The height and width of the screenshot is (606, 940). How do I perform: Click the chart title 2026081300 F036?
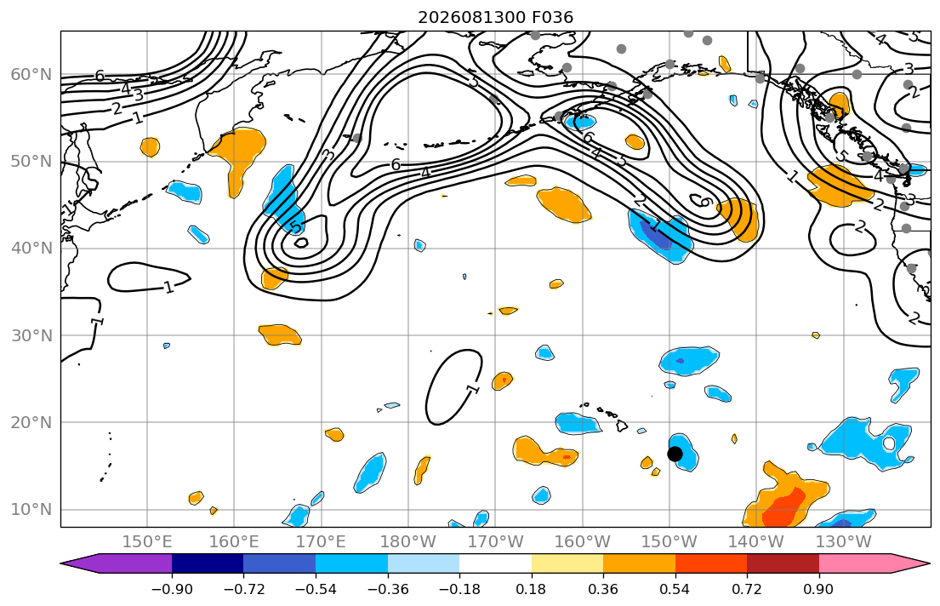click(x=495, y=17)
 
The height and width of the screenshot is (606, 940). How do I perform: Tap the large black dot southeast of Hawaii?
click(x=675, y=454)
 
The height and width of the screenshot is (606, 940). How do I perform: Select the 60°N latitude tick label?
click(x=31, y=74)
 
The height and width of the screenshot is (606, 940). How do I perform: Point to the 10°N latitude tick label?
click(x=31, y=510)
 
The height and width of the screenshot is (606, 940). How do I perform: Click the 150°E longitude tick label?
click(x=147, y=542)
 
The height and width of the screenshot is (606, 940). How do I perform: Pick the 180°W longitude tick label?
click(x=408, y=542)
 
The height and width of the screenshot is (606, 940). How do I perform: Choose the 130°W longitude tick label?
click(x=844, y=542)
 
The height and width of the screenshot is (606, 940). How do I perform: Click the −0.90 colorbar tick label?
click(x=172, y=589)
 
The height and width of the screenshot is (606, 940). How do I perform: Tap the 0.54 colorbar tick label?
click(x=675, y=589)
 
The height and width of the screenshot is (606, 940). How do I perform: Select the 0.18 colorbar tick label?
click(x=531, y=589)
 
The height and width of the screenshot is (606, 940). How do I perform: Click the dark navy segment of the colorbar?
click(x=208, y=563)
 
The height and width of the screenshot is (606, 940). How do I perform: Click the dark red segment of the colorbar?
click(x=783, y=563)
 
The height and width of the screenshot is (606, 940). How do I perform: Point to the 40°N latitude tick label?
click(x=31, y=249)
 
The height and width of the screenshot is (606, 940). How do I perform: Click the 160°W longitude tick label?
click(x=583, y=542)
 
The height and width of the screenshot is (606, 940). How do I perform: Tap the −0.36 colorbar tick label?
click(x=387, y=589)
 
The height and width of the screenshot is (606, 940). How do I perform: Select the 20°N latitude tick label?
click(x=31, y=422)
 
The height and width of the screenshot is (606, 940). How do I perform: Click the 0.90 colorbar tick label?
click(x=819, y=589)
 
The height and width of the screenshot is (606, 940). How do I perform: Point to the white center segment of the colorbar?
click(x=495, y=563)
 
